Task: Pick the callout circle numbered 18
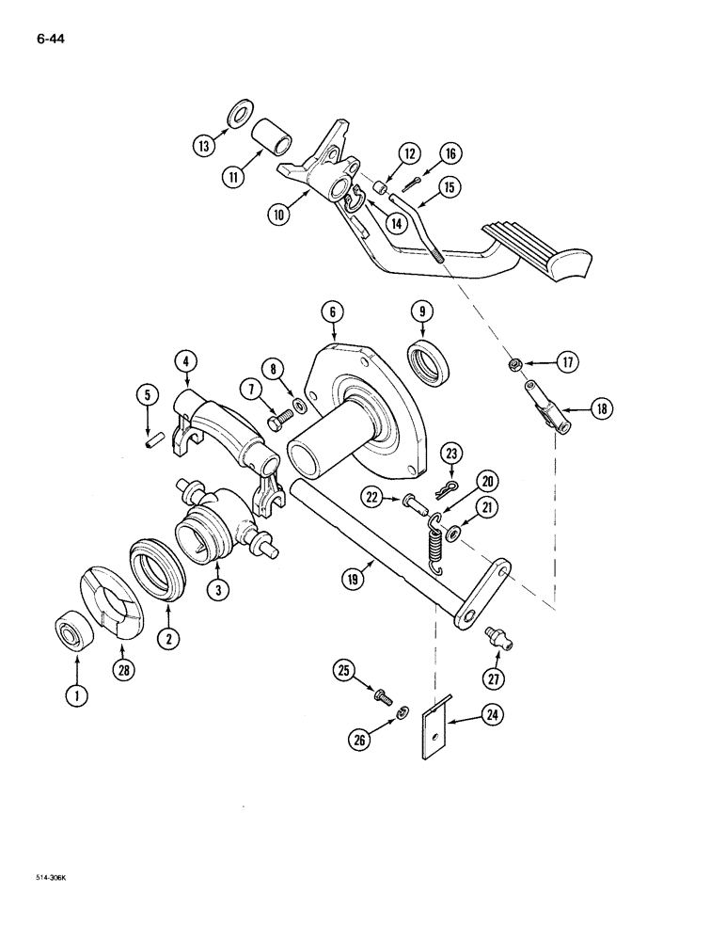[599, 407]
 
